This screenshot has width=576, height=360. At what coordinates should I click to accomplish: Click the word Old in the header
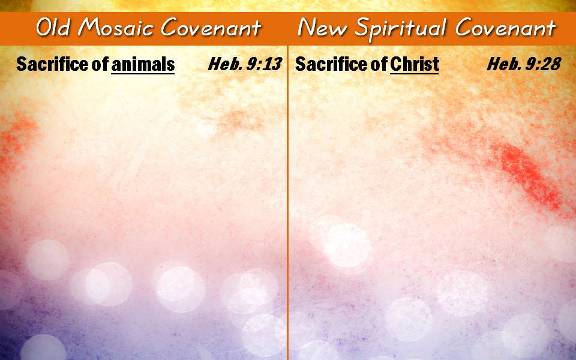(53, 27)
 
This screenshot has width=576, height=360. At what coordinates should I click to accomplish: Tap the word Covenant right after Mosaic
(211, 27)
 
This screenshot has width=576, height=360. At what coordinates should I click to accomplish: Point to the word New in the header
(322, 27)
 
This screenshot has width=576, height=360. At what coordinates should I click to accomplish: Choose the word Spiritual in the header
(401, 29)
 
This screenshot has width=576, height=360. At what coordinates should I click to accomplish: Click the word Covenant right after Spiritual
(506, 27)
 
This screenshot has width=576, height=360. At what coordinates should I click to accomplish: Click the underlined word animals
(143, 65)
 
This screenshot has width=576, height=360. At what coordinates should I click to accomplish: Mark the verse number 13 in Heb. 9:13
(272, 64)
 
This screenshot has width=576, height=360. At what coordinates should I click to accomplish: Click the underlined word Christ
(415, 65)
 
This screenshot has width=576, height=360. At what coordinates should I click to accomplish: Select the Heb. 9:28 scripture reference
(524, 64)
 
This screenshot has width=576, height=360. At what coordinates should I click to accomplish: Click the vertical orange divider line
(287, 202)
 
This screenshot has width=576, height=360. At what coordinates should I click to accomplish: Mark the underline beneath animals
(143, 74)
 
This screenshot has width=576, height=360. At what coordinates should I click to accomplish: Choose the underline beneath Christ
(415, 74)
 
